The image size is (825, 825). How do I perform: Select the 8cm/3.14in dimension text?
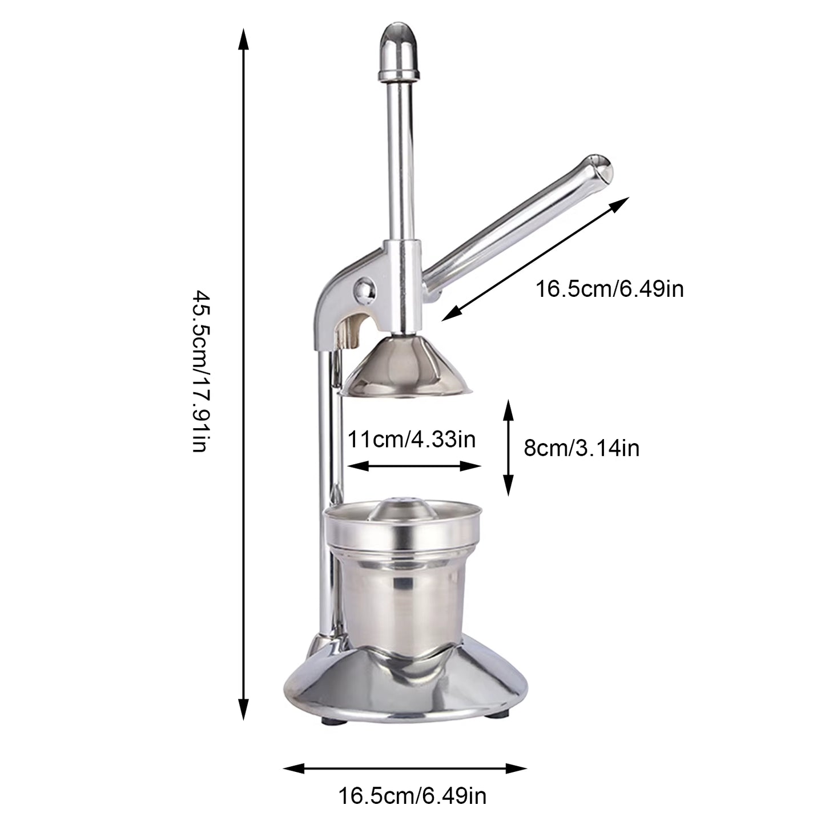pyautogui.click(x=581, y=448)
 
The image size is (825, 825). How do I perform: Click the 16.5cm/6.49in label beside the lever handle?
pyautogui.click(x=609, y=289)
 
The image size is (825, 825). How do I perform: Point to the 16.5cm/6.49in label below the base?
pyautogui.click(x=412, y=794)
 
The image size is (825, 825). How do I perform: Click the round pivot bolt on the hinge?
pyautogui.click(x=365, y=288)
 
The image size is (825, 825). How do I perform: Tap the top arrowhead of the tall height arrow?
pyautogui.click(x=244, y=40)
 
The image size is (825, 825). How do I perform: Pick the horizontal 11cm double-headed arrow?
pyautogui.click(x=414, y=466)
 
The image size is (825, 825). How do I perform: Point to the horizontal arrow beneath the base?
pyautogui.click(x=405, y=768)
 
